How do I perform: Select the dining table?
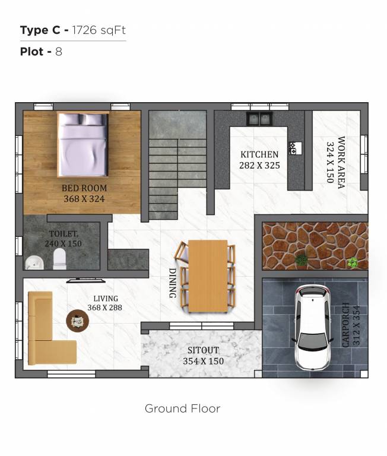[x=207, y=275]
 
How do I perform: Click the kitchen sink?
[x=259, y=119]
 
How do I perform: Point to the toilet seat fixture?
[x=59, y=259]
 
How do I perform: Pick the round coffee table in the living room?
[x=78, y=321]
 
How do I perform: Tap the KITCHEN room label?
[x=259, y=155]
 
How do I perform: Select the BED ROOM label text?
[x=84, y=189]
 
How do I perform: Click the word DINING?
[x=172, y=281]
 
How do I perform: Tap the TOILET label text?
[x=63, y=234]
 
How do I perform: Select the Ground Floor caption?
[x=183, y=408]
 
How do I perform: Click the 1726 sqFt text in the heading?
[x=99, y=31]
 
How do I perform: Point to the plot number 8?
[x=59, y=52]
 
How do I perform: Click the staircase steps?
[x=163, y=178]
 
